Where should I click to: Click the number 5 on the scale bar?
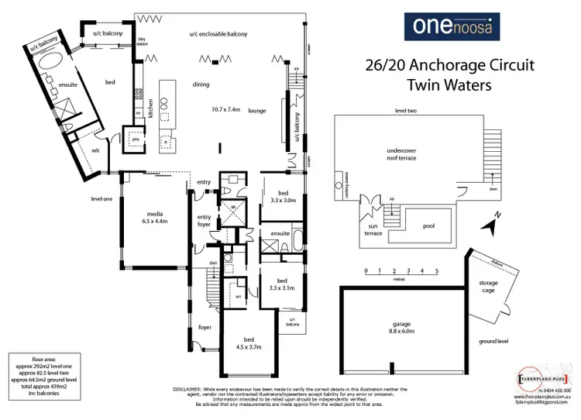coord(438,270)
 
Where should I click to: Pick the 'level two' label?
coord(407,111)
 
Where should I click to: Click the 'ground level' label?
coord(492,341)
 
